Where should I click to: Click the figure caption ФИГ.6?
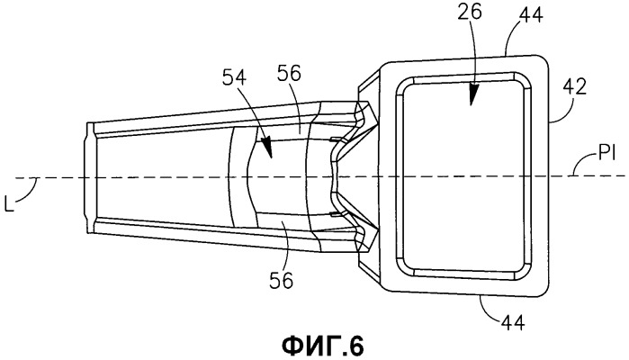323,345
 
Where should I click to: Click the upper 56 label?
288,74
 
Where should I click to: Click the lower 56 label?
281,280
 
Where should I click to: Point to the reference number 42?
574,86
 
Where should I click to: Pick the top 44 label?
531,14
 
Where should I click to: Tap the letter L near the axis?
9,204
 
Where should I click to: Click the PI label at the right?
607,154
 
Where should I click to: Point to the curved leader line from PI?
584,163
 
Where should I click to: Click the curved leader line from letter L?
28,191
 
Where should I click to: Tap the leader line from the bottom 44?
487,310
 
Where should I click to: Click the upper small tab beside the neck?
336,139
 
